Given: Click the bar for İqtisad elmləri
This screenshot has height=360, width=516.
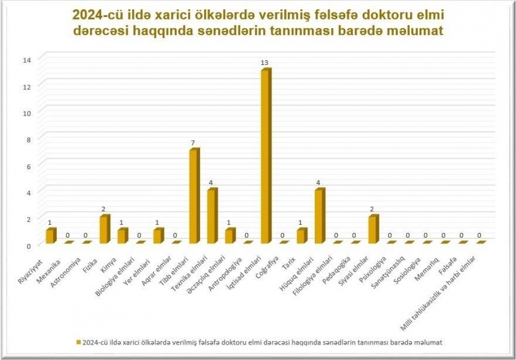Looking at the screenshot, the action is pos(266,156).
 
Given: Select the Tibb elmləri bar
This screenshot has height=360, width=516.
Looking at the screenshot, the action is pos(195,196).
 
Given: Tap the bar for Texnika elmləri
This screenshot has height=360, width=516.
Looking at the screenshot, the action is pos(212,216).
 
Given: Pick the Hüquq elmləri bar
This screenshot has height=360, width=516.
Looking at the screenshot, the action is pos(320,216).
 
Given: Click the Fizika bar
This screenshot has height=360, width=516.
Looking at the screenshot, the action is pos(105,229).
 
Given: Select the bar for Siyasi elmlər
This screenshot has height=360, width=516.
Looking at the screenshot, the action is pos(374,229).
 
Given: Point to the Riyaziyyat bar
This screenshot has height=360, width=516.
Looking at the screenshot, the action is pos(51,236).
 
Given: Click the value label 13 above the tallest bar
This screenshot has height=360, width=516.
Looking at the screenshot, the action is pos(265,62).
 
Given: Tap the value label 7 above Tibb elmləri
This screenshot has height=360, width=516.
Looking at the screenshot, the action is pos(193,143).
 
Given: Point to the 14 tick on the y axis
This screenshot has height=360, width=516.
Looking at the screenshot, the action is pos(27,60).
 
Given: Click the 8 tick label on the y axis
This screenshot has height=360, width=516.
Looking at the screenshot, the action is pos(28,140).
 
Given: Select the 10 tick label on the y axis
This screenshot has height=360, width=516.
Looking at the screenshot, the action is pos(27,113).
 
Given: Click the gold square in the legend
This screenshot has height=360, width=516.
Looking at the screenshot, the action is pos(78,342).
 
